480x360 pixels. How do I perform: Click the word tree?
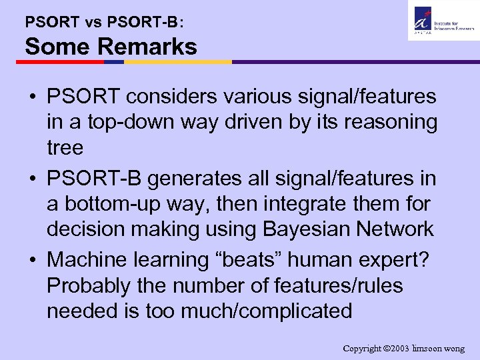click(65, 147)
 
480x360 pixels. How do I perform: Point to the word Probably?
click(91, 285)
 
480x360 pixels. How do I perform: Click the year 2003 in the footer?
click(398, 348)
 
